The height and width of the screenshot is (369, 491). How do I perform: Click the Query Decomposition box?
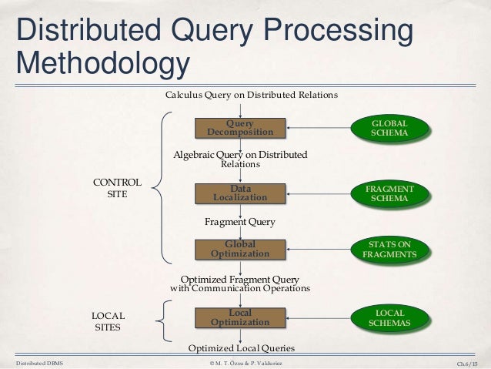[x=240, y=127]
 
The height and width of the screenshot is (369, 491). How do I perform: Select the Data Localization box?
[x=240, y=193]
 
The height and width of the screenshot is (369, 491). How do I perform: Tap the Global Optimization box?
[x=240, y=249]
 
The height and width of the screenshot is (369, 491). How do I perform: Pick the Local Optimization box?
[x=240, y=317]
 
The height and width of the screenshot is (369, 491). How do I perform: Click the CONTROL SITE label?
[x=116, y=189]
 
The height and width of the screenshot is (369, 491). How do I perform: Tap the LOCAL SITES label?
[x=108, y=322]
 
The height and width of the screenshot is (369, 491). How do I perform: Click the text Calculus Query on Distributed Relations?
[x=252, y=95]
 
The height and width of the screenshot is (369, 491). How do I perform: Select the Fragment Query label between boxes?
[x=239, y=222]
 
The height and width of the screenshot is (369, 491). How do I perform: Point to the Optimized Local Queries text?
[x=242, y=348]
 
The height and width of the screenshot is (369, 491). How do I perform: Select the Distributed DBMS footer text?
[x=38, y=363]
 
